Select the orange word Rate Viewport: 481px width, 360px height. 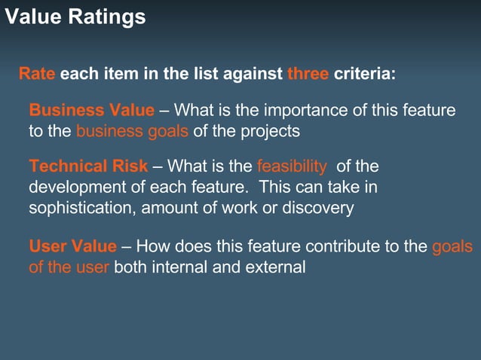pyautogui.click(x=37, y=75)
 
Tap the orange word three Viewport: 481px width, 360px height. pyautogui.click(x=308, y=75)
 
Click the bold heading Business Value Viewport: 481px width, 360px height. pyautogui.click(x=91, y=111)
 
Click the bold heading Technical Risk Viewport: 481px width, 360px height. pyautogui.click(x=88, y=166)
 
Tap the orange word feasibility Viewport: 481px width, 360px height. pyautogui.click(x=292, y=166)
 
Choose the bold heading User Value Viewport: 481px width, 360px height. pyautogui.click(x=72, y=246)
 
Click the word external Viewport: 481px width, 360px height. pyautogui.click(x=276, y=267)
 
